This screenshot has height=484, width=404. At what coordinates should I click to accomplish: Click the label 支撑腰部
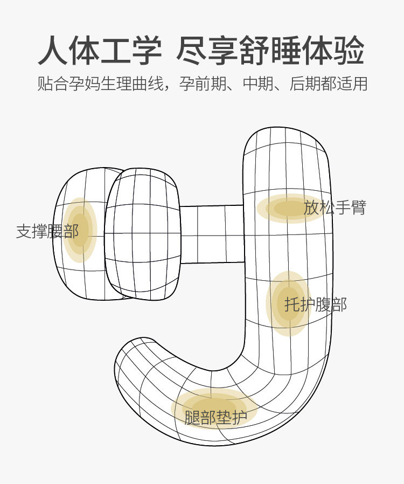[47, 231]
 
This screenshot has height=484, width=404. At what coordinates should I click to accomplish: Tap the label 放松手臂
[335, 208]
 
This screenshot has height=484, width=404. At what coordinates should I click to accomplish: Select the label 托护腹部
[316, 305]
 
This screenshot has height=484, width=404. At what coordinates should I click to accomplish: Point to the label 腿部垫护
[215, 418]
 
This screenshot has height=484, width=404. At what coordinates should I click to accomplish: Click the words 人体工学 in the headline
[100, 51]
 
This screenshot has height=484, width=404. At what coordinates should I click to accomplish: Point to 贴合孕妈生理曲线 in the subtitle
[100, 84]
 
